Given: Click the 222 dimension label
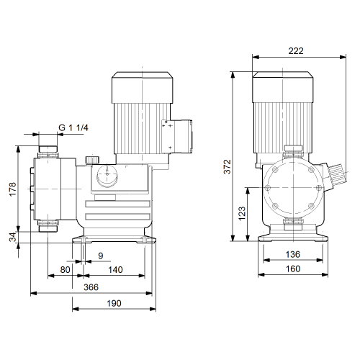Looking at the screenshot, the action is (x=296, y=51).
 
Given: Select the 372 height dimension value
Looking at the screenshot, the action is (x=227, y=166).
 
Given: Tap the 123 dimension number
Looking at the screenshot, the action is (x=242, y=213).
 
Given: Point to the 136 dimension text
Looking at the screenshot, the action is (x=293, y=254).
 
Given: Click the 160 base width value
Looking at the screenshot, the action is (x=293, y=269).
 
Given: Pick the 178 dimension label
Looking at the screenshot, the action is (x=12, y=189).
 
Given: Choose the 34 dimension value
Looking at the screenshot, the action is (x=12, y=237).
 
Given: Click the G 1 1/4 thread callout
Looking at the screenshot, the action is (x=73, y=127).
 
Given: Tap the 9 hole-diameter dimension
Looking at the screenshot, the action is (x=101, y=256).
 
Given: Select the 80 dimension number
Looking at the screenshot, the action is (x=65, y=270).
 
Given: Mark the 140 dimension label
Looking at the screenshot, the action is (x=115, y=270).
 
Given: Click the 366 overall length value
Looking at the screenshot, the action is (x=91, y=287).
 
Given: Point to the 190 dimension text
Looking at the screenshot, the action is (x=114, y=303).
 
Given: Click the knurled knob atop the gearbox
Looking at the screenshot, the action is (x=92, y=161).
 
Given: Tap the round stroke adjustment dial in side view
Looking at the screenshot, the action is (x=107, y=176).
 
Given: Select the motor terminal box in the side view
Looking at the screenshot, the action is (x=177, y=137).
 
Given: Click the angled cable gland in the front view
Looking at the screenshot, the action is (x=334, y=176).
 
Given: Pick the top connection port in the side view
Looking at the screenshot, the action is (x=48, y=152).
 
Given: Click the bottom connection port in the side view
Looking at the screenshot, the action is (x=48, y=226).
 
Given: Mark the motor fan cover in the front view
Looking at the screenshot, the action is (x=283, y=87).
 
